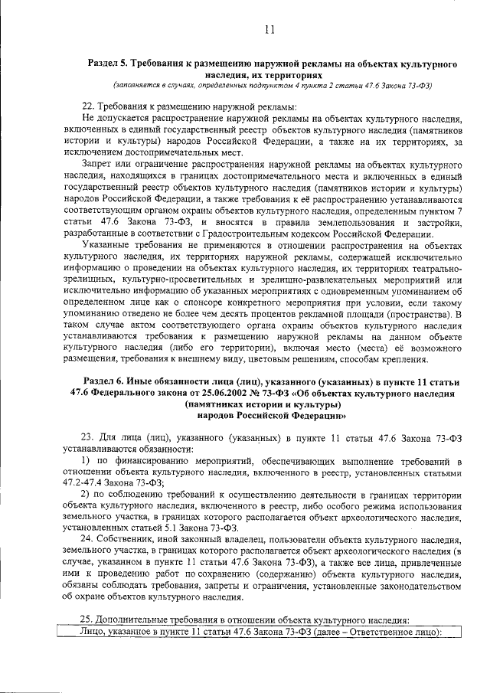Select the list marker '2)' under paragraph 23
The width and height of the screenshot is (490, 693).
87,495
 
